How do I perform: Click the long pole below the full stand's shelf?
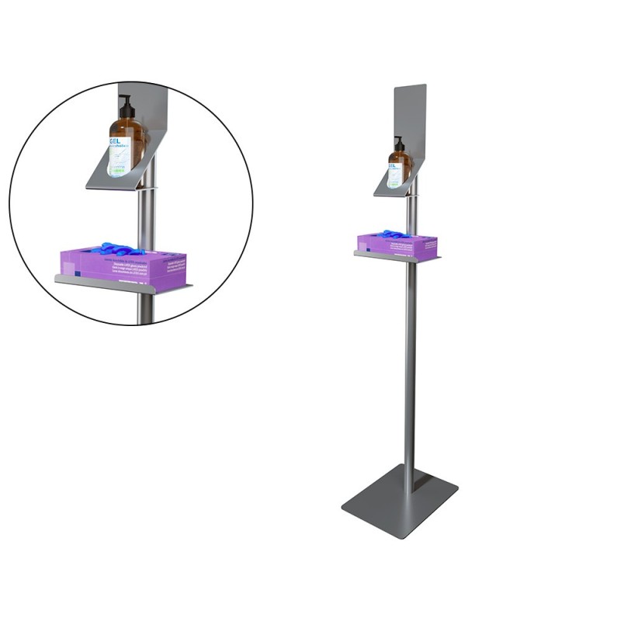409,365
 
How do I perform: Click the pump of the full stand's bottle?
398,144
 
